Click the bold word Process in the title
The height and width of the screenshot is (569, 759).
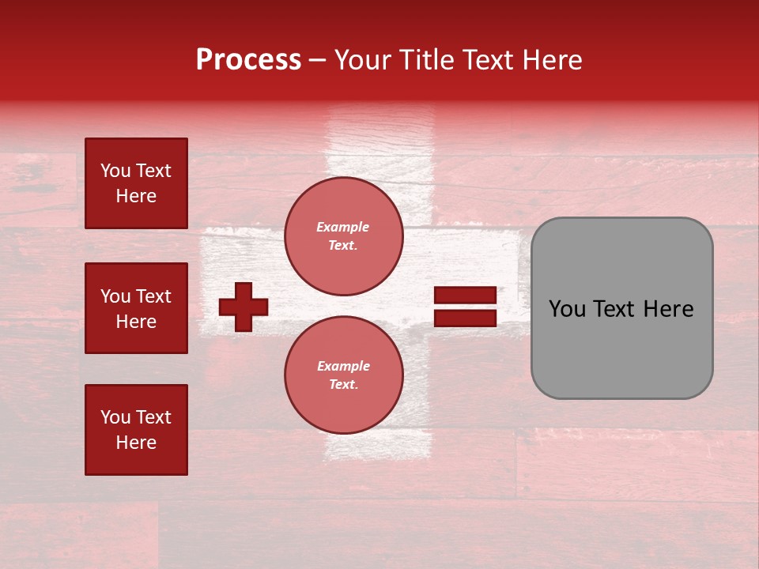click(x=248, y=60)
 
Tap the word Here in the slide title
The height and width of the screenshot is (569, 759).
click(x=550, y=60)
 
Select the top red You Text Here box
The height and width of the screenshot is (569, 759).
click(x=136, y=183)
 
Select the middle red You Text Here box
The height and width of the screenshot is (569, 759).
click(x=136, y=308)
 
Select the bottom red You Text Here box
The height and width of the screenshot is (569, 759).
click(x=136, y=430)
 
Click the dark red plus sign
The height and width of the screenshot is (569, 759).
click(x=244, y=307)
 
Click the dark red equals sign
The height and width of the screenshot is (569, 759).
click(x=465, y=307)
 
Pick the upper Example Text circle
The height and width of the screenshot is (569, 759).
click(x=343, y=236)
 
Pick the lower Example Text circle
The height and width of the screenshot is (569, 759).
click(x=343, y=375)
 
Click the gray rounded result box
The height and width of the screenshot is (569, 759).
click(x=621, y=308)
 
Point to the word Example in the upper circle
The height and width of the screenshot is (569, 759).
click(x=343, y=227)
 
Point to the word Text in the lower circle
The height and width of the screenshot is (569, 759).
click(x=343, y=385)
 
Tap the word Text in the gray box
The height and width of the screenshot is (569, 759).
click(x=616, y=309)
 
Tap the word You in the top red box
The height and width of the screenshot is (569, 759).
click(x=115, y=171)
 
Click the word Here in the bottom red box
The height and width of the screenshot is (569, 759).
click(x=136, y=443)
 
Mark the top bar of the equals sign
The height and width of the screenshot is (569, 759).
click(x=465, y=295)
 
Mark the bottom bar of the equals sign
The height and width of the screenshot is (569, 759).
click(x=465, y=318)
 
